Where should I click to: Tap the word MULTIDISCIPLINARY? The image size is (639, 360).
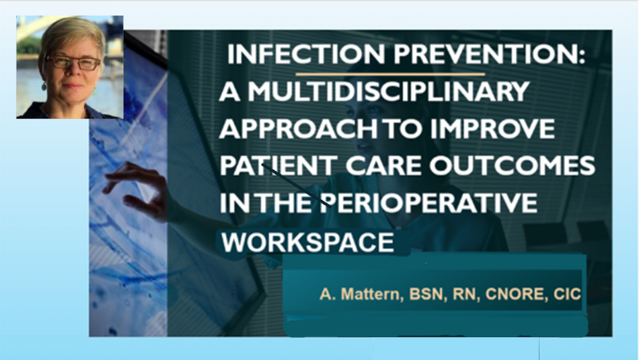tap(389, 92)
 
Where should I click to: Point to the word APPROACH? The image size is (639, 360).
tap(298, 129)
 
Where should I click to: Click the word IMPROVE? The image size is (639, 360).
tap(492, 129)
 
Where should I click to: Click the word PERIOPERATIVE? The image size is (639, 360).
tap(428, 203)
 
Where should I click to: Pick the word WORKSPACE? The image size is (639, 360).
tap(307, 242)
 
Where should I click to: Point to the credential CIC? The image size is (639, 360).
tap(567, 294)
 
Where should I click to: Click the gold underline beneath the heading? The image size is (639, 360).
tap(390, 74)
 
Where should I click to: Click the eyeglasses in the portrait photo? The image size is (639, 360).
tap(73, 63)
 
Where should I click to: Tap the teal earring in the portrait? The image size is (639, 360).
tap(44, 86)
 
